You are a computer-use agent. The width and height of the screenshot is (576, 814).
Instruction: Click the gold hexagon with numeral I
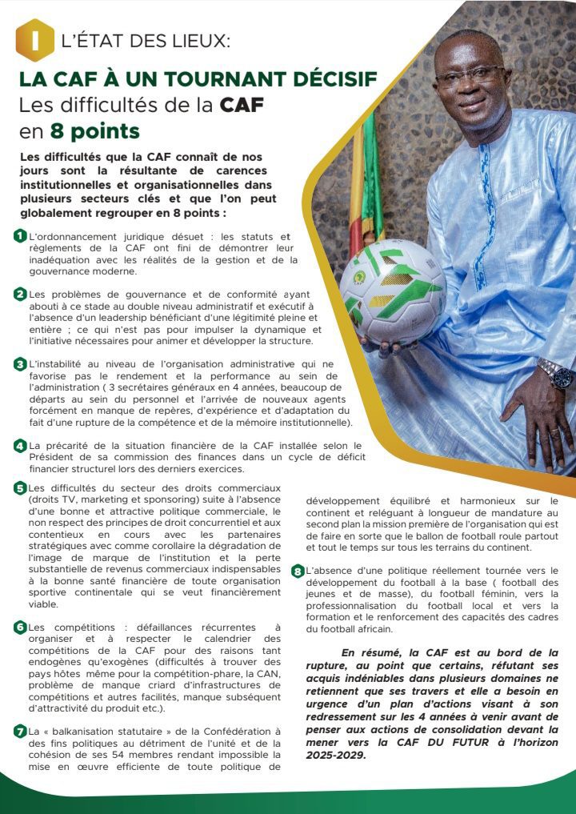(34, 39)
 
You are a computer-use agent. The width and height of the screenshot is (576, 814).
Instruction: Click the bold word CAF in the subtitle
(243, 105)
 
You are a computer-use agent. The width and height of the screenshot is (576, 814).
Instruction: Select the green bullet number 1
(20, 236)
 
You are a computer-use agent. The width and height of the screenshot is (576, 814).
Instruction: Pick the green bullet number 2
(20, 294)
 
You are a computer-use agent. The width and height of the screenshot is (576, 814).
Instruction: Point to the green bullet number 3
(20, 364)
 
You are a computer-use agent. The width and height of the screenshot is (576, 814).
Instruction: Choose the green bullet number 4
(20, 445)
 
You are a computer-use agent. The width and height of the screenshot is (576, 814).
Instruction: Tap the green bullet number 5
(20, 487)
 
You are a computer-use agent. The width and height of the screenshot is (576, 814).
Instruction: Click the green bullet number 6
(20, 628)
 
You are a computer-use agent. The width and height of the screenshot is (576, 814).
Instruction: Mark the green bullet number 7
(20, 731)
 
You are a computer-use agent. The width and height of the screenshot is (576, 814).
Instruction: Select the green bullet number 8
(298, 571)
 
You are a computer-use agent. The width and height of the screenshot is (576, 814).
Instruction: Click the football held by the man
(392, 291)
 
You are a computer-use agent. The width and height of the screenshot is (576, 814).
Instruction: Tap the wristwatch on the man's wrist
(554, 373)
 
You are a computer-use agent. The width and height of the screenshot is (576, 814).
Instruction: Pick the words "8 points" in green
(94, 130)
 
